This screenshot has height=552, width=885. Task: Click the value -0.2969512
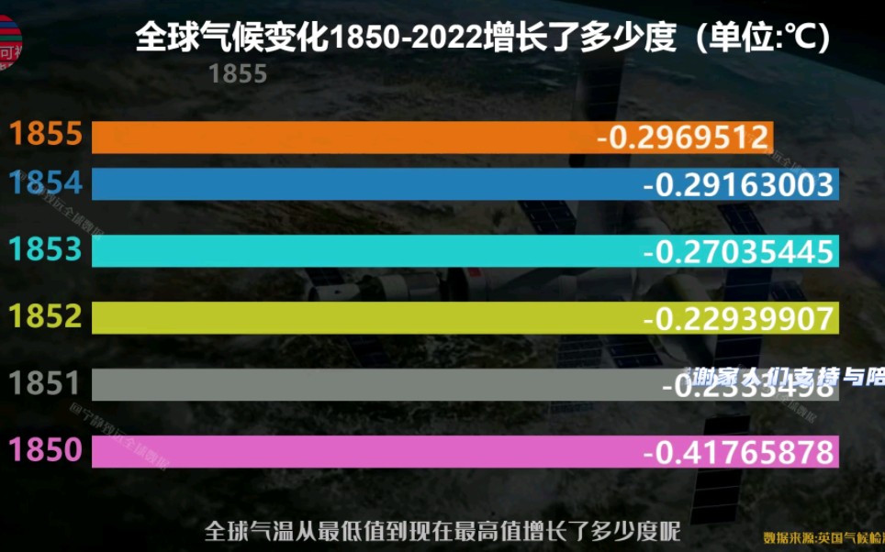pyautogui.click(x=682, y=138)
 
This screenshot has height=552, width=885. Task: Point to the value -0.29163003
pyautogui.click(x=738, y=185)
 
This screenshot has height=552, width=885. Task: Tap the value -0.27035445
pyautogui.click(x=738, y=251)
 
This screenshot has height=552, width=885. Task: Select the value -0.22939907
pyautogui.click(x=738, y=318)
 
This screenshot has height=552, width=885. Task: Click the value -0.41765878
pyautogui.click(x=738, y=452)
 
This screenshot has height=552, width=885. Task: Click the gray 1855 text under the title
pyautogui.click(x=238, y=74)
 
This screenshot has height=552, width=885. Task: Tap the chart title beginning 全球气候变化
pyautogui.click(x=483, y=39)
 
